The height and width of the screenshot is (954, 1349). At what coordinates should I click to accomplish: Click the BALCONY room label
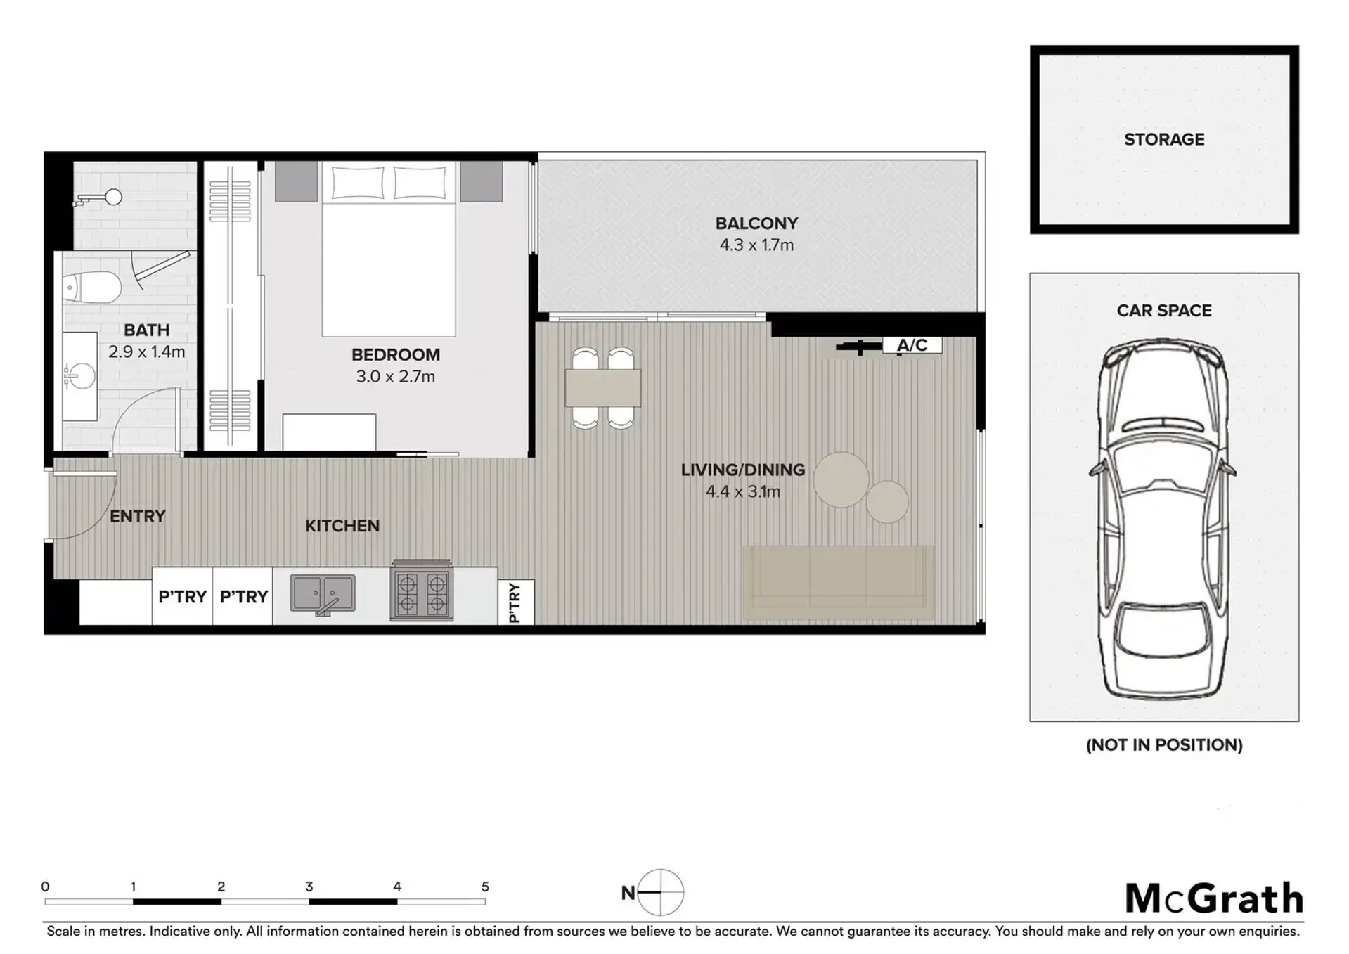coord(756,224)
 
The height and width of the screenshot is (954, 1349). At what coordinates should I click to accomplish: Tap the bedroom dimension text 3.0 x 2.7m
coord(395,376)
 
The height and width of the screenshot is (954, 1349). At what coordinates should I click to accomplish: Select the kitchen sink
coord(323,594)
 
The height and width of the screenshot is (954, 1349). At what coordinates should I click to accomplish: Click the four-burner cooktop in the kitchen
coord(421,593)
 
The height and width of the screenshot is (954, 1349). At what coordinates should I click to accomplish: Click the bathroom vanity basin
coord(81,376)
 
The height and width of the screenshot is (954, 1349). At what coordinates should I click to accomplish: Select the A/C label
coord(912,345)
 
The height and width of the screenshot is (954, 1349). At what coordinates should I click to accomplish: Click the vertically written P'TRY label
coord(515,602)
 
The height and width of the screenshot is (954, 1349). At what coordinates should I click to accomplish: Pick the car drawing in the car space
coord(1163,519)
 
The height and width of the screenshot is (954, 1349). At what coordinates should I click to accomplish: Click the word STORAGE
coord(1164,139)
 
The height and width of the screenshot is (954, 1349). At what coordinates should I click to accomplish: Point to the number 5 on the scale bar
coord(485,887)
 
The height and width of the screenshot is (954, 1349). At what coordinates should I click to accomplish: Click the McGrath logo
coord(1214,898)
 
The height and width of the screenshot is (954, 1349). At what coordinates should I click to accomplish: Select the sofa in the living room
coord(839,583)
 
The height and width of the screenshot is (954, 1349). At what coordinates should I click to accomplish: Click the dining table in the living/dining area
coord(602,388)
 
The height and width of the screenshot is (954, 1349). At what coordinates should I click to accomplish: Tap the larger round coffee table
coord(841,479)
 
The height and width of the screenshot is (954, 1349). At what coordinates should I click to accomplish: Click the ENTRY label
coord(138,516)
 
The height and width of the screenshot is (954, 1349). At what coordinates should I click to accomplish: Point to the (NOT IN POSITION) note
coord(1164,744)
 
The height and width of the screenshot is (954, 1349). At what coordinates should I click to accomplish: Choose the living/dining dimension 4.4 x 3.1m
coord(743,491)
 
